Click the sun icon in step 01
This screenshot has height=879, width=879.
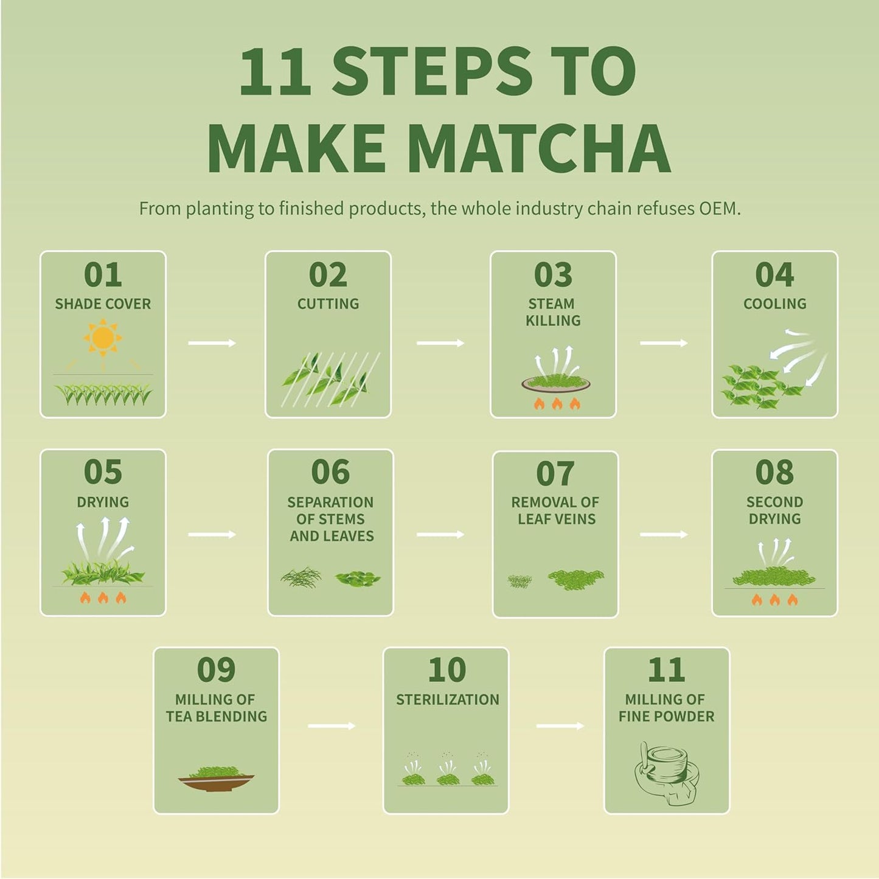click(103, 338)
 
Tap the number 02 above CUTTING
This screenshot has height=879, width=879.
click(328, 275)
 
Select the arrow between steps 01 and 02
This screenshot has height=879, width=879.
click(212, 344)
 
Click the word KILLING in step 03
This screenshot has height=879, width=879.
click(553, 321)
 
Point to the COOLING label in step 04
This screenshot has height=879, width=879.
click(774, 304)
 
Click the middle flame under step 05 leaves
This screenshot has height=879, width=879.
click(103, 598)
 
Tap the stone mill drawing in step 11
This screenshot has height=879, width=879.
click(666, 773)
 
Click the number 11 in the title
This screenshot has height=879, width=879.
click(275, 72)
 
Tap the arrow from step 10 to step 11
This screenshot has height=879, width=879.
click(560, 726)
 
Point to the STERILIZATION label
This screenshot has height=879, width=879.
click(447, 700)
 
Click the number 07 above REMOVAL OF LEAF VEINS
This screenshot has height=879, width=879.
click(555, 474)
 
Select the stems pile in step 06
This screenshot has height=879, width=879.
click(301, 577)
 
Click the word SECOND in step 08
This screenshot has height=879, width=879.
click(774, 502)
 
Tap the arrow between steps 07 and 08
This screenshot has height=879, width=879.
click(664, 535)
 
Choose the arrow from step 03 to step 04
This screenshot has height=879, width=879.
click(664, 344)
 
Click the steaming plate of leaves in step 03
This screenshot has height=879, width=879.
click(555, 383)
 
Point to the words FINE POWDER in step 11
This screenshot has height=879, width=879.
click(666, 717)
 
